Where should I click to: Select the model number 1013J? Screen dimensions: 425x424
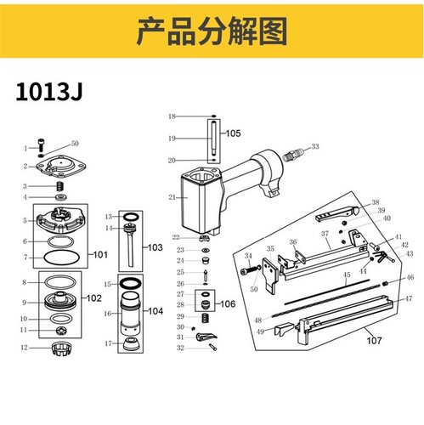tap(50, 91)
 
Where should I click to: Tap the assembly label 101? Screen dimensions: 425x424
tap(100, 253)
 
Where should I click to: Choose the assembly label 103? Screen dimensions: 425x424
tap(155, 247)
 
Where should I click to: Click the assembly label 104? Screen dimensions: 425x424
tap(155, 312)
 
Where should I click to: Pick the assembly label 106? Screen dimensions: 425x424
tap(229, 303)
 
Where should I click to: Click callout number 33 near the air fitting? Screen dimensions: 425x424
tap(316, 147)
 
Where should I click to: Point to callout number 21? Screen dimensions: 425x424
tap(172, 197)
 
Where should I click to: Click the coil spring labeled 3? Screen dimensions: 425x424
tap(60, 185)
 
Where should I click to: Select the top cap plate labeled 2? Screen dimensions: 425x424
tap(62, 165)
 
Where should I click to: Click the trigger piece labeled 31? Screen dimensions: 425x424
tap(201, 337)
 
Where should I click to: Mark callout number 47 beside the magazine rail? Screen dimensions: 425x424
tap(409, 299)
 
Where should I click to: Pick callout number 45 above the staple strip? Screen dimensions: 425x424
tap(346, 275)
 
